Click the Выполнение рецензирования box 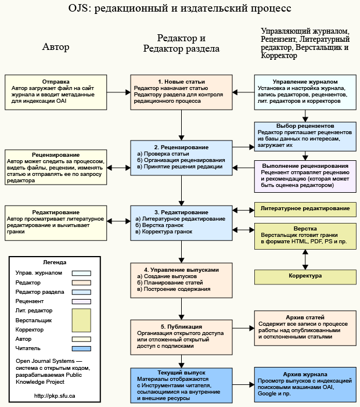click(x=305, y=176)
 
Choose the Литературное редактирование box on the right click(x=305, y=208)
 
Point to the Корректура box click(x=305, y=276)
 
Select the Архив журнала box click(x=305, y=384)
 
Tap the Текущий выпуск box click(x=181, y=384)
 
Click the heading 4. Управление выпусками click(x=181, y=270)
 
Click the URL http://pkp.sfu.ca click(x=55, y=395)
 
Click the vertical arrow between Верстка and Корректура click(x=305, y=258)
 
